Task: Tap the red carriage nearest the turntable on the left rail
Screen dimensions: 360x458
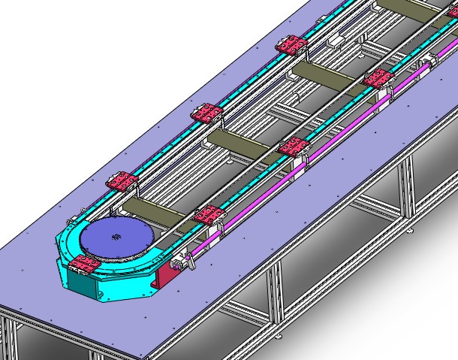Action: (x=120, y=181)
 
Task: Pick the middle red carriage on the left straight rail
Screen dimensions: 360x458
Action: (x=206, y=114)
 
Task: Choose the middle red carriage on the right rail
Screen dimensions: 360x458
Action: (x=294, y=147)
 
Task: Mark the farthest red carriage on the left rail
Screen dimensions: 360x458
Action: (x=291, y=47)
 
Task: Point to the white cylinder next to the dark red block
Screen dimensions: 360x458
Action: (x=179, y=263)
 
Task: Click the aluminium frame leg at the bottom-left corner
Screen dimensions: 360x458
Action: (x=9, y=338)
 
